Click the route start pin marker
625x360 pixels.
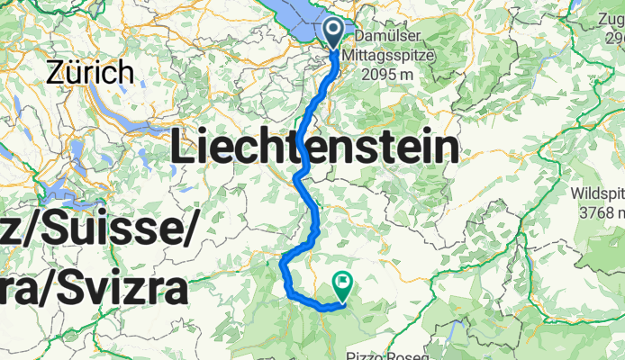coord(333,33)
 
